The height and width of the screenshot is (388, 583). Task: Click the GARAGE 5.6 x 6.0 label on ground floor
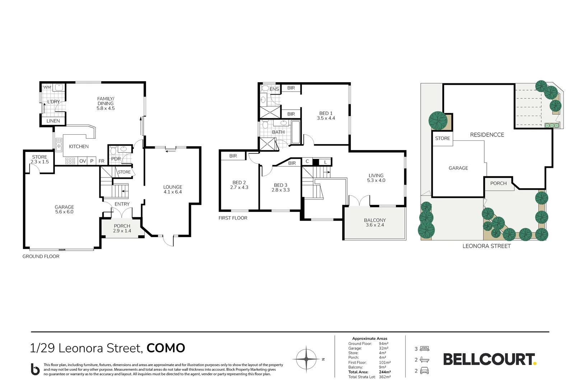click(x=64, y=209)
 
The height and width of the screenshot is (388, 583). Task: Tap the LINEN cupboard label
click(x=53, y=121)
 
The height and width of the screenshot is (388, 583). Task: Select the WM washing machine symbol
click(x=47, y=87)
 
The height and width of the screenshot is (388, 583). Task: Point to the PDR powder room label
click(x=116, y=159)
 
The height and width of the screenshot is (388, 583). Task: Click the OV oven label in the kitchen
click(x=83, y=161)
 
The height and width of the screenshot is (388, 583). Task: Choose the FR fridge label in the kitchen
click(x=102, y=161)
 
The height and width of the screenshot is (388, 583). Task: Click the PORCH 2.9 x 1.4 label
click(x=122, y=228)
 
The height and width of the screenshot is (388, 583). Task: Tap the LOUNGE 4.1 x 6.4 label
click(x=172, y=189)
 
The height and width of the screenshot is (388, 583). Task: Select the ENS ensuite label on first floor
click(x=274, y=89)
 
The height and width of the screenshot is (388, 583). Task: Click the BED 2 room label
click(x=239, y=185)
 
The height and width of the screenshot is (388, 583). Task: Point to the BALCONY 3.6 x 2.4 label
click(x=375, y=222)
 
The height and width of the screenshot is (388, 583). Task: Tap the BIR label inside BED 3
click(x=292, y=163)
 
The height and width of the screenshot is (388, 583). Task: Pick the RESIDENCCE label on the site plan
click(x=487, y=135)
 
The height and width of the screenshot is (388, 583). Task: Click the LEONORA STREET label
click(x=486, y=246)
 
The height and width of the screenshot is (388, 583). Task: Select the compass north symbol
click(x=306, y=359)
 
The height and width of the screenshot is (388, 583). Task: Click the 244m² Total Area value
click(x=385, y=372)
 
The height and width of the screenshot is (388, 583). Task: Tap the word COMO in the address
click(x=166, y=348)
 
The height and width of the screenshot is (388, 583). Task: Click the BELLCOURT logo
click(x=489, y=359)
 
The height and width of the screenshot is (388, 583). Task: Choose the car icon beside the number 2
click(x=424, y=371)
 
